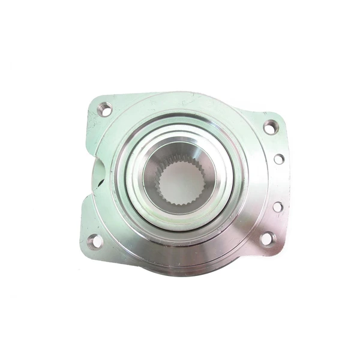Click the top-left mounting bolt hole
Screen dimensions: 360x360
point(104,109)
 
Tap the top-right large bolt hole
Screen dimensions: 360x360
point(271,127)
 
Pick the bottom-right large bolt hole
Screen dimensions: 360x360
point(266,239)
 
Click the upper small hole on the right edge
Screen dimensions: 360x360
point(279,159)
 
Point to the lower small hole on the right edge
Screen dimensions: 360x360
point(278,206)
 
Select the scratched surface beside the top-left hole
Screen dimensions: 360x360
point(93,123)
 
